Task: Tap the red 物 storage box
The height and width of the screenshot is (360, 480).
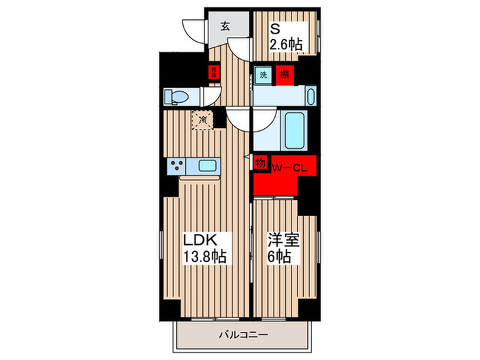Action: (x=260, y=163)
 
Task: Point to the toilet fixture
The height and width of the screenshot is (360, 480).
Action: (x=176, y=97)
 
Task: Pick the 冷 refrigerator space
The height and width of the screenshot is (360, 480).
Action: (x=203, y=119)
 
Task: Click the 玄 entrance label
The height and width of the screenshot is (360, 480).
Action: (x=225, y=26)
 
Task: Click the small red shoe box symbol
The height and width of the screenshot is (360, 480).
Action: (x=214, y=71)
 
